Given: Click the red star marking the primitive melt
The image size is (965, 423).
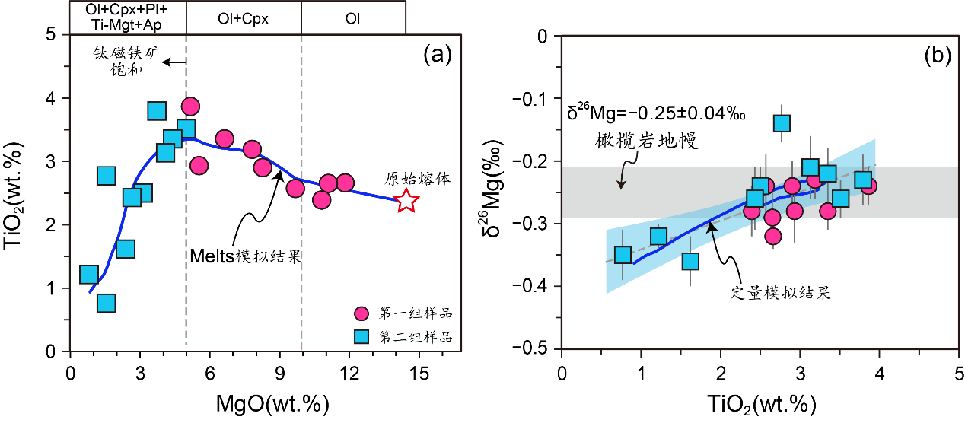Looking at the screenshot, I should pyautogui.click(x=407, y=201).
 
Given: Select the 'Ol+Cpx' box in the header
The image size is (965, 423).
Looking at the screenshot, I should pyautogui.click(x=244, y=17).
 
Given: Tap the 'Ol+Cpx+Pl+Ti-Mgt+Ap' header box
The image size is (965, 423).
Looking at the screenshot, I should pyautogui.click(x=128, y=17).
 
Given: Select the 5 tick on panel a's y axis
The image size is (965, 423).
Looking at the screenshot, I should pyautogui.click(x=49, y=35).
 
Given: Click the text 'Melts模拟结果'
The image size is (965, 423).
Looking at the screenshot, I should pyautogui.click(x=246, y=256).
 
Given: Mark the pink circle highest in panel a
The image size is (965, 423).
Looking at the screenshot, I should pyautogui.click(x=190, y=107).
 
